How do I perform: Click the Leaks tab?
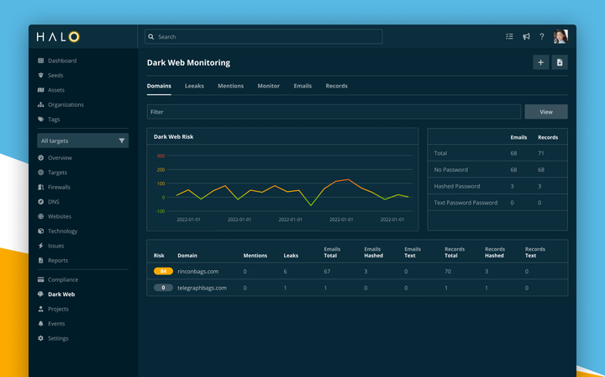[194, 86]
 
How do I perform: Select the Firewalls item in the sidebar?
[59, 187]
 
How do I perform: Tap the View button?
[545, 112]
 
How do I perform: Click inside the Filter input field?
[334, 112]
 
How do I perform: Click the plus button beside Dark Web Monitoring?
[540, 62]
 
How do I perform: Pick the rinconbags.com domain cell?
[197, 272]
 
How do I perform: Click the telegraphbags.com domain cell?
[202, 288]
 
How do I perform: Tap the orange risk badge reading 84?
[163, 272]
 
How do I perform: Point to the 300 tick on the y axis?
[160, 156]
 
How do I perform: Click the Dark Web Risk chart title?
[174, 136]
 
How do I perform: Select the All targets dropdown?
[82, 141]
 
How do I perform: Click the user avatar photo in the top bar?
[560, 37]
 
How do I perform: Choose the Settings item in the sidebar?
[58, 338]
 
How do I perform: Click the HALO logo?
[58, 37]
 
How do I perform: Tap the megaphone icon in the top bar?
[526, 37]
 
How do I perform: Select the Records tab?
[336, 86]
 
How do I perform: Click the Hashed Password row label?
[456, 186]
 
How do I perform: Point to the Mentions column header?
[255, 255]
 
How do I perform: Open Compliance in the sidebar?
[62, 279]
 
